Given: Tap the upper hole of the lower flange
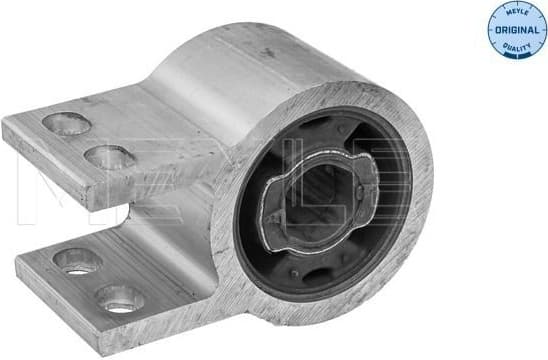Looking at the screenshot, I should (x=79, y=260).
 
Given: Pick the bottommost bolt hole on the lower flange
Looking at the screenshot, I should (x=119, y=297).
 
